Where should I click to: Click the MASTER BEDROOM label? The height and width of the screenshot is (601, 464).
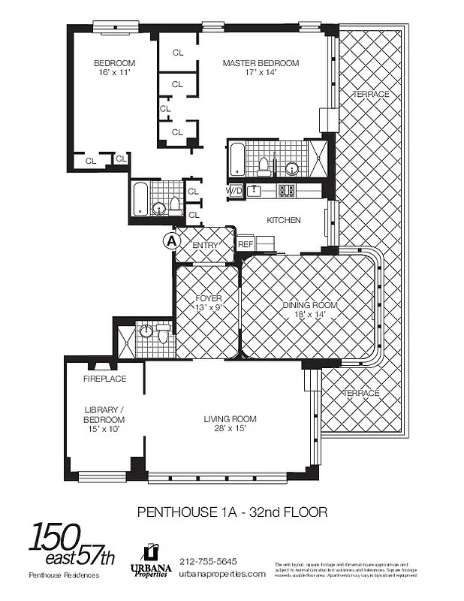pyautogui.click(x=261, y=63)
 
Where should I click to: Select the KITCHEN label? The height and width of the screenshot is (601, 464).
pyautogui.click(x=284, y=220)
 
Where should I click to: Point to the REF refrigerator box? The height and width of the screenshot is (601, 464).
pyautogui.click(x=245, y=244)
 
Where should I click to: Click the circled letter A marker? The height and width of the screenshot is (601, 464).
pyautogui.click(x=171, y=241)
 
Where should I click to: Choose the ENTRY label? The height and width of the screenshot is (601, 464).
pyautogui.click(x=204, y=246)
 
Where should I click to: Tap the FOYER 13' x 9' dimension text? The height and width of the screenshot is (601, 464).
pyautogui.click(x=208, y=308)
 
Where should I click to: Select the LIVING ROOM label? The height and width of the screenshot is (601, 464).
pyautogui.click(x=230, y=418)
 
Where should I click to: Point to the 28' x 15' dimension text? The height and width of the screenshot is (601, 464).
pyautogui.click(x=230, y=429)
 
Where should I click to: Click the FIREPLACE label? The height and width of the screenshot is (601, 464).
pyautogui.click(x=104, y=379)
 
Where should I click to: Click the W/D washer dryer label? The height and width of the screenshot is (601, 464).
pyautogui.click(x=235, y=191)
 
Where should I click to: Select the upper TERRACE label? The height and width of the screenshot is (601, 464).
pyautogui.click(x=371, y=94)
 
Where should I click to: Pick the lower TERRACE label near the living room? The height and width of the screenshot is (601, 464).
pyautogui.click(x=361, y=393)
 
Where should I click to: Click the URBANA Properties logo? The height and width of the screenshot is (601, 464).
pyautogui.click(x=151, y=560)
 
